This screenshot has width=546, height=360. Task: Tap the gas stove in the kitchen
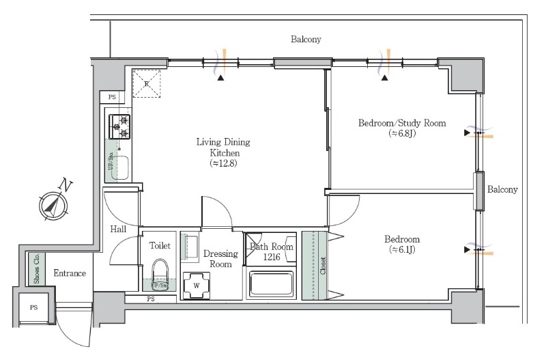(x=119, y=127)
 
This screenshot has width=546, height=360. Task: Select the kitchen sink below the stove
(x=120, y=167)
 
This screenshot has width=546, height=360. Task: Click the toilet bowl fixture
(x=160, y=271)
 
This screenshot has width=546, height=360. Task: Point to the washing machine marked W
(x=197, y=286)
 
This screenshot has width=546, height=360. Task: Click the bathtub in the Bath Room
(x=271, y=283)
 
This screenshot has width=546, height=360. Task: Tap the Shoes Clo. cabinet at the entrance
(x=37, y=269)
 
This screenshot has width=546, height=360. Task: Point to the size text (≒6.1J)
(x=402, y=249)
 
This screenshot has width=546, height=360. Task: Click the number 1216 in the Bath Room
(x=272, y=258)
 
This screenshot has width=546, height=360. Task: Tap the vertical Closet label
(x=323, y=266)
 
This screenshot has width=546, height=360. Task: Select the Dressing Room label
(x=220, y=259)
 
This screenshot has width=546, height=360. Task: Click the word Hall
(x=118, y=229)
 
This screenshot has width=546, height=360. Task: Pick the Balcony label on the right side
(x=502, y=190)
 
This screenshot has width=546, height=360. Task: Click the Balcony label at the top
(x=306, y=40)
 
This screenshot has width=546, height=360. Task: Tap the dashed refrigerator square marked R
(x=147, y=83)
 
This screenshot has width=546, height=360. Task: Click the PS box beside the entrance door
(x=33, y=307)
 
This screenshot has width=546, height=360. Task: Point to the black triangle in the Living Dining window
(x=220, y=78)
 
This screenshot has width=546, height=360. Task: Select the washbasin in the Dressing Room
(x=190, y=247)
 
